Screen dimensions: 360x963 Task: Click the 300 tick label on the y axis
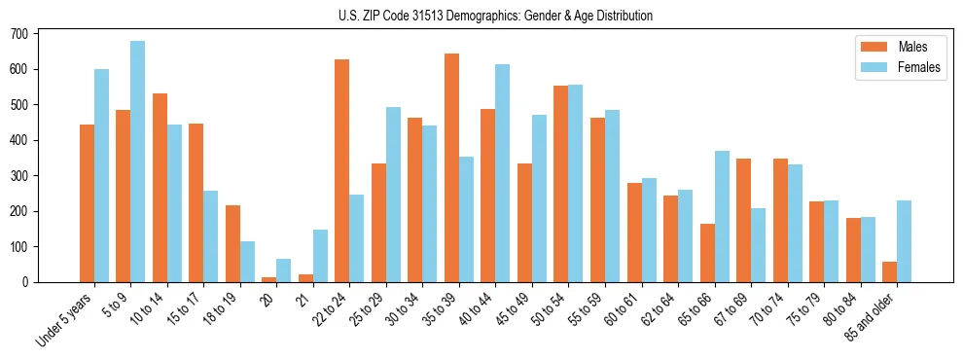[18, 176]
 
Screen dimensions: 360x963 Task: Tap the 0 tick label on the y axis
[26, 282]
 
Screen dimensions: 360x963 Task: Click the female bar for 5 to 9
[138, 162]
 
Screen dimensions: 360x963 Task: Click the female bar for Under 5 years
[101, 175]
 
